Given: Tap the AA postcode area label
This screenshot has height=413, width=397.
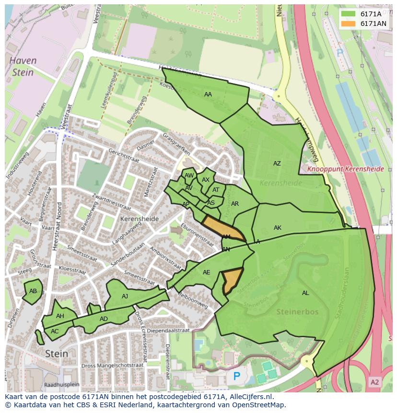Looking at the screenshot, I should (x=208, y=94).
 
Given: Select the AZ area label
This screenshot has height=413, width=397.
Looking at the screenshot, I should (x=277, y=164).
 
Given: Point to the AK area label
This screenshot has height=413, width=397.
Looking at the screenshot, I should (x=277, y=228).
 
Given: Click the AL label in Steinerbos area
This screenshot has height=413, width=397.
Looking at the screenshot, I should (x=305, y=293).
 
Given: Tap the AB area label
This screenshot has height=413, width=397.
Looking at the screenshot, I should (x=33, y=291).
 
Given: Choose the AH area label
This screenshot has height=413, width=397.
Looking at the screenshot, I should (x=60, y=316).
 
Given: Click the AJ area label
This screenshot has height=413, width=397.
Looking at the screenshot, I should (x=125, y=296).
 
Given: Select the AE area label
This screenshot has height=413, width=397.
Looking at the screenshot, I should (x=206, y=272).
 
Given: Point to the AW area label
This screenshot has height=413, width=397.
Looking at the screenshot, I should (x=189, y=176).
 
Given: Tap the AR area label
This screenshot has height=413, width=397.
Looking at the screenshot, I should (x=234, y=204).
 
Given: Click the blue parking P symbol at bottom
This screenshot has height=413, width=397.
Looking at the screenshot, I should (x=236, y=377).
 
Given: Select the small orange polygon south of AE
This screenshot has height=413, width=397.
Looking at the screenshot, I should (x=231, y=281).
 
